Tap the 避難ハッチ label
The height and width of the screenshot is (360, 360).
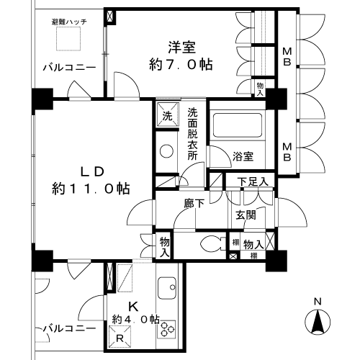70,23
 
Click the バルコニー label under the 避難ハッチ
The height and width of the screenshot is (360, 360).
68,68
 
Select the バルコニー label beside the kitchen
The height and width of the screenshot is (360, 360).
70,328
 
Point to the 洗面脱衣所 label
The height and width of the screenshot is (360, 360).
193,138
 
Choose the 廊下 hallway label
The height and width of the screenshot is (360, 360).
195,204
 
